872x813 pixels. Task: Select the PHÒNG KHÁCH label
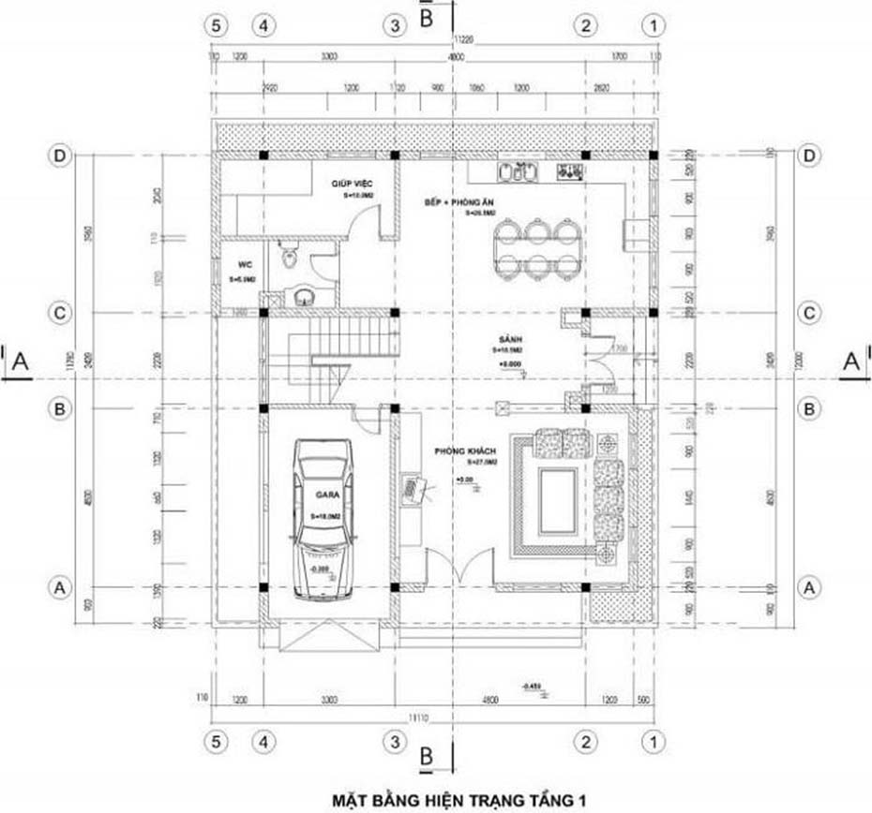tap(457, 452)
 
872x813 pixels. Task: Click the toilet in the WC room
tap(289, 255)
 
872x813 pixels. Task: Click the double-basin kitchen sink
tap(517, 172)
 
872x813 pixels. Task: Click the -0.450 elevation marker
tap(533, 687)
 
